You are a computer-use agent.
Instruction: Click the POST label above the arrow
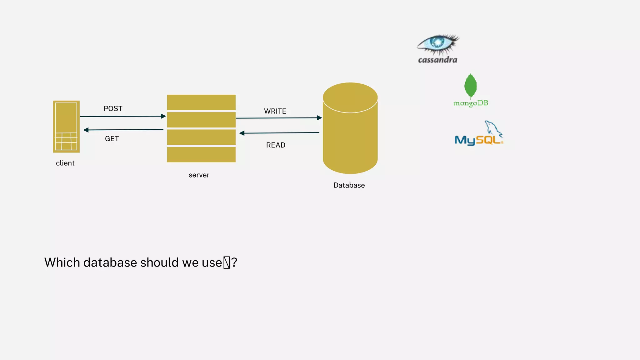[x=113, y=108]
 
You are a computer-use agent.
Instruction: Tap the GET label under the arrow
[x=112, y=139]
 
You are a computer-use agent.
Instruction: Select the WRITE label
[x=275, y=111]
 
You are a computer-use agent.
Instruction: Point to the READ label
[x=276, y=145]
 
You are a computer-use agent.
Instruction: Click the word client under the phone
[x=65, y=163]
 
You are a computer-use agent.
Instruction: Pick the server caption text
[x=199, y=175]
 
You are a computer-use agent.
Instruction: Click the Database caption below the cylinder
[x=349, y=185]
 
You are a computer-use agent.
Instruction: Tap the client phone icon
[x=66, y=127]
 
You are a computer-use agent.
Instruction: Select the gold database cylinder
[x=350, y=134]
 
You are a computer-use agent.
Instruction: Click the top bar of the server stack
[x=201, y=102]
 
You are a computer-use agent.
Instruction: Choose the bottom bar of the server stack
[x=201, y=154]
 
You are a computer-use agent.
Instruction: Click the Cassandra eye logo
[x=438, y=44]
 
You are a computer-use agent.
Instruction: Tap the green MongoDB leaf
[x=471, y=86]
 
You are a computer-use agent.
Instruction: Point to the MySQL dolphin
[x=493, y=128]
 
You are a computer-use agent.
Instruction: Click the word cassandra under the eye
[x=437, y=60]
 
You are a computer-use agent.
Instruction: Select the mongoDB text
[x=471, y=103]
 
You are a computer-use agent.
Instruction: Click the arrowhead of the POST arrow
[x=163, y=116]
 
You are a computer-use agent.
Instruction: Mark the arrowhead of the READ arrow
[x=242, y=133]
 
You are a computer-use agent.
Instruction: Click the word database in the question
[x=110, y=262]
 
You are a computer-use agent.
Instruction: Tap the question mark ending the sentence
[x=234, y=262]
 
